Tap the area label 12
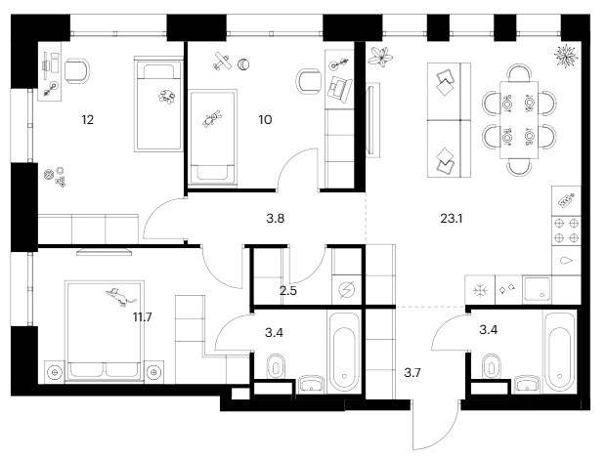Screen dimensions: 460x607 pyautogui.click(x=88, y=120)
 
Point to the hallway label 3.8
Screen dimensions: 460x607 pyautogui.click(x=276, y=219)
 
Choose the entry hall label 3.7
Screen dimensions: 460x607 pyautogui.click(x=412, y=372)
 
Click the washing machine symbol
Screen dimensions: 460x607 pyautogui.click(x=347, y=289)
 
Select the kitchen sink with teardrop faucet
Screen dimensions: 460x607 pyautogui.click(x=567, y=262)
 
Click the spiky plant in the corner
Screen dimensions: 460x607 pyautogui.click(x=566, y=56)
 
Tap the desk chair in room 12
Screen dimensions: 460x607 pyautogui.click(x=79, y=69)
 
